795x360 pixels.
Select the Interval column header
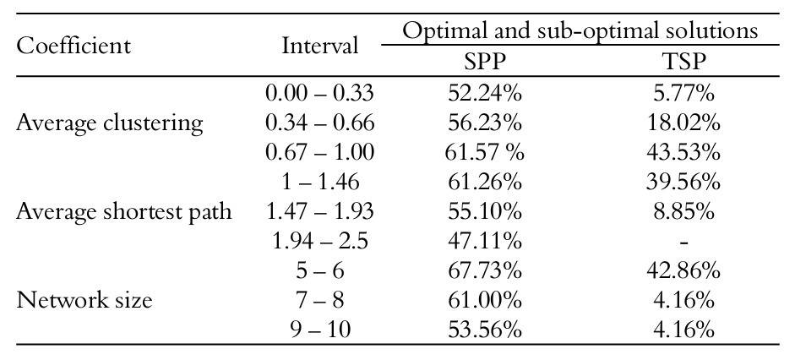tap(319, 46)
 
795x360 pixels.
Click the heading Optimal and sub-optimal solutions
tap(580, 31)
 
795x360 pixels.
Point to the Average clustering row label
tap(110, 123)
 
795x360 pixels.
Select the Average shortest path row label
tap(124, 211)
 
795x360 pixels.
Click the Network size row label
tap(84, 300)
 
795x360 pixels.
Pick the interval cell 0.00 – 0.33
tap(319, 95)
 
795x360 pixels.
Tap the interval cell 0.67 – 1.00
tap(319, 153)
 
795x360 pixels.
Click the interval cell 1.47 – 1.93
tap(319, 211)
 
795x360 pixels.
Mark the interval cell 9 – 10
tap(319, 329)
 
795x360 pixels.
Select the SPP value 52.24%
tap(484, 95)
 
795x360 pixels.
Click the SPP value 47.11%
tap(484, 241)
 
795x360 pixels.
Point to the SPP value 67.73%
tap(484, 270)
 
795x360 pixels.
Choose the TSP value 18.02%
tap(683, 123)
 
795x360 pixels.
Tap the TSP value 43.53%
tap(683, 153)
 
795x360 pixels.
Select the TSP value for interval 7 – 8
tap(683, 300)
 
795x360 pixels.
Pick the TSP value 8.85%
tap(683, 211)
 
